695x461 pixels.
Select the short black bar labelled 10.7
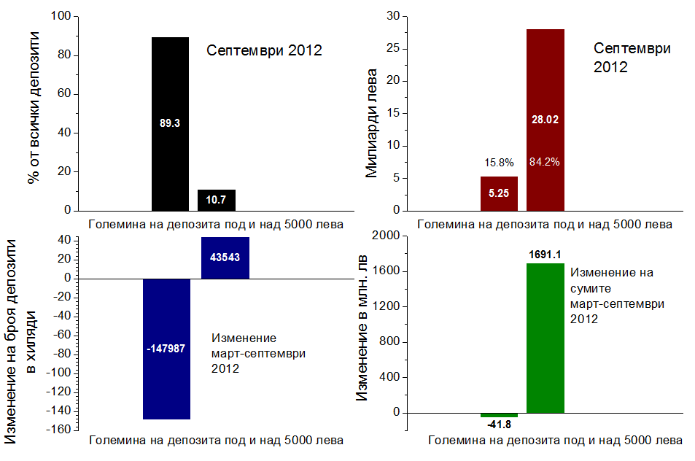pyautogui.click(x=216, y=200)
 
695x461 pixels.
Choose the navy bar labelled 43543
pyautogui.click(x=225, y=257)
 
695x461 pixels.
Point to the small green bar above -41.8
pyautogui.click(x=499, y=414)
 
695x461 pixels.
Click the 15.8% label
pyautogui.click(x=499, y=162)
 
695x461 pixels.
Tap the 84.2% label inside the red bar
pyautogui.click(x=545, y=162)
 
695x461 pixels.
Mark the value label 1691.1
pyautogui.click(x=545, y=255)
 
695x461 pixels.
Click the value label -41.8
pyautogui.click(x=499, y=424)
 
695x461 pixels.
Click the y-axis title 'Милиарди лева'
pyautogui.click(x=372, y=123)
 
